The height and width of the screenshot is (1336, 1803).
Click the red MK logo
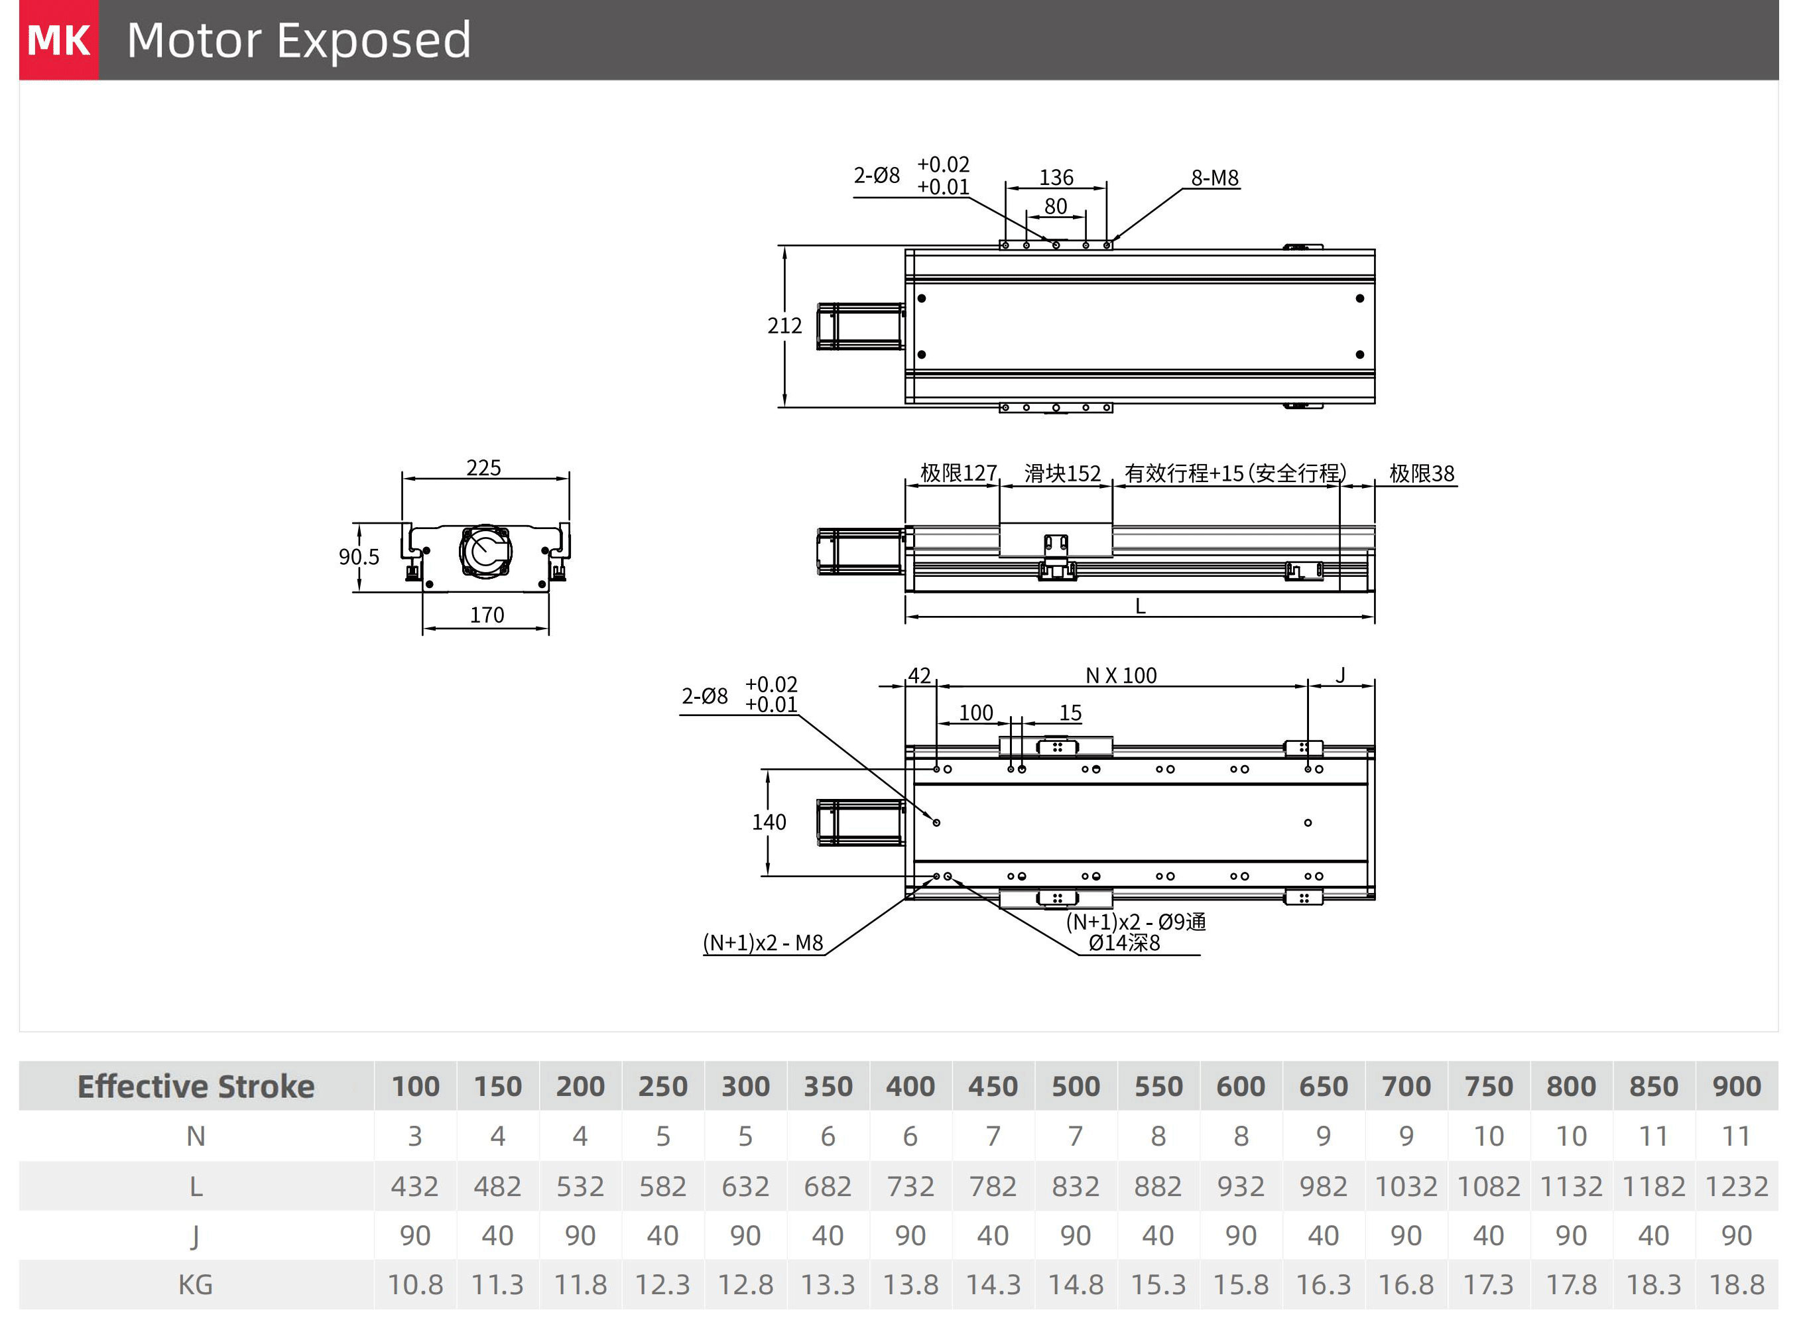click(58, 40)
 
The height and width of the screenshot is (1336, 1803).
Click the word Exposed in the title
click(374, 40)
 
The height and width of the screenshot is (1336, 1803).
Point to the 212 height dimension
click(784, 326)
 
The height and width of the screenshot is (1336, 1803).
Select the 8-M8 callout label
click(1214, 178)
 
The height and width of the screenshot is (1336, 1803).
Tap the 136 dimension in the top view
click(1056, 177)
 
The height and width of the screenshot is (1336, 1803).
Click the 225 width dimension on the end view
click(483, 467)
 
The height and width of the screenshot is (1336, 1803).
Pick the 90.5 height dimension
click(358, 556)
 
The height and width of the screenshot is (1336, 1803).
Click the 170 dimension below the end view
click(486, 615)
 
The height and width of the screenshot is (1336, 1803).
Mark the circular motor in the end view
click(485, 551)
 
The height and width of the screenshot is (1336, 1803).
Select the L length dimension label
click(1140, 606)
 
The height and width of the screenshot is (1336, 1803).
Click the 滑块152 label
click(1062, 473)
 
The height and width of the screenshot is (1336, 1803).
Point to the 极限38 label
click(1421, 473)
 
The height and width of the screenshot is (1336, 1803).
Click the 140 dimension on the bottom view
click(769, 822)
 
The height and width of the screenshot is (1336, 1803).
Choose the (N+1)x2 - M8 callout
click(762, 943)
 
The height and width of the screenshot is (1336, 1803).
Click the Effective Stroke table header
click(196, 1086)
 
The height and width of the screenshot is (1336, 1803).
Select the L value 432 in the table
click(414, 1186)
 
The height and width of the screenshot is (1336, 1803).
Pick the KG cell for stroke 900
click(1736, 1284)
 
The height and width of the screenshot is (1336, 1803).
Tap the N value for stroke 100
click(414, 1136)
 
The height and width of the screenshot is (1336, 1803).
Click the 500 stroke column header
click(1075, 1086)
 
